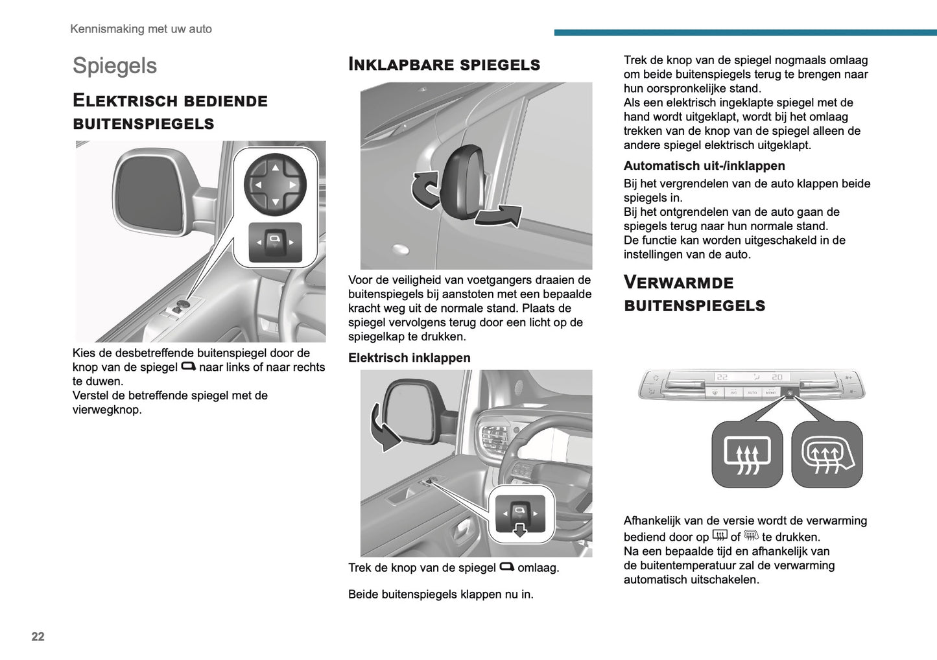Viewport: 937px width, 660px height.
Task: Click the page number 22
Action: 38,636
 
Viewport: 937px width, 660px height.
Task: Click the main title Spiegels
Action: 115,65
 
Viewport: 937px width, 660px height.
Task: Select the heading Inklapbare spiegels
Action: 444,64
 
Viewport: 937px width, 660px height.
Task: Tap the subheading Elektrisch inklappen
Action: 409,358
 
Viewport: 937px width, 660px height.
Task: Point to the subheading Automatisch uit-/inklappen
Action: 704,166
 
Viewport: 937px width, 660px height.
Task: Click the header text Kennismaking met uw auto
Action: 141,29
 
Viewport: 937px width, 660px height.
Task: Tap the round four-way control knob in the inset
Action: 275,185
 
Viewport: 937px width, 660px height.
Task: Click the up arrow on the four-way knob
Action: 275,168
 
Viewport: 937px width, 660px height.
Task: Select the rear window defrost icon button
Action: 747,454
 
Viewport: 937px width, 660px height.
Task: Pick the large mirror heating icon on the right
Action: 827,454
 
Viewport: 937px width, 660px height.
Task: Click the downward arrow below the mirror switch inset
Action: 520,531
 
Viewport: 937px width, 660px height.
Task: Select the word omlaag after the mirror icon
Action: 538,568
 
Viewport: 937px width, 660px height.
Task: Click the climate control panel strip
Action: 751,384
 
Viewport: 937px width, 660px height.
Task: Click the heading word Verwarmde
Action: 678,283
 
